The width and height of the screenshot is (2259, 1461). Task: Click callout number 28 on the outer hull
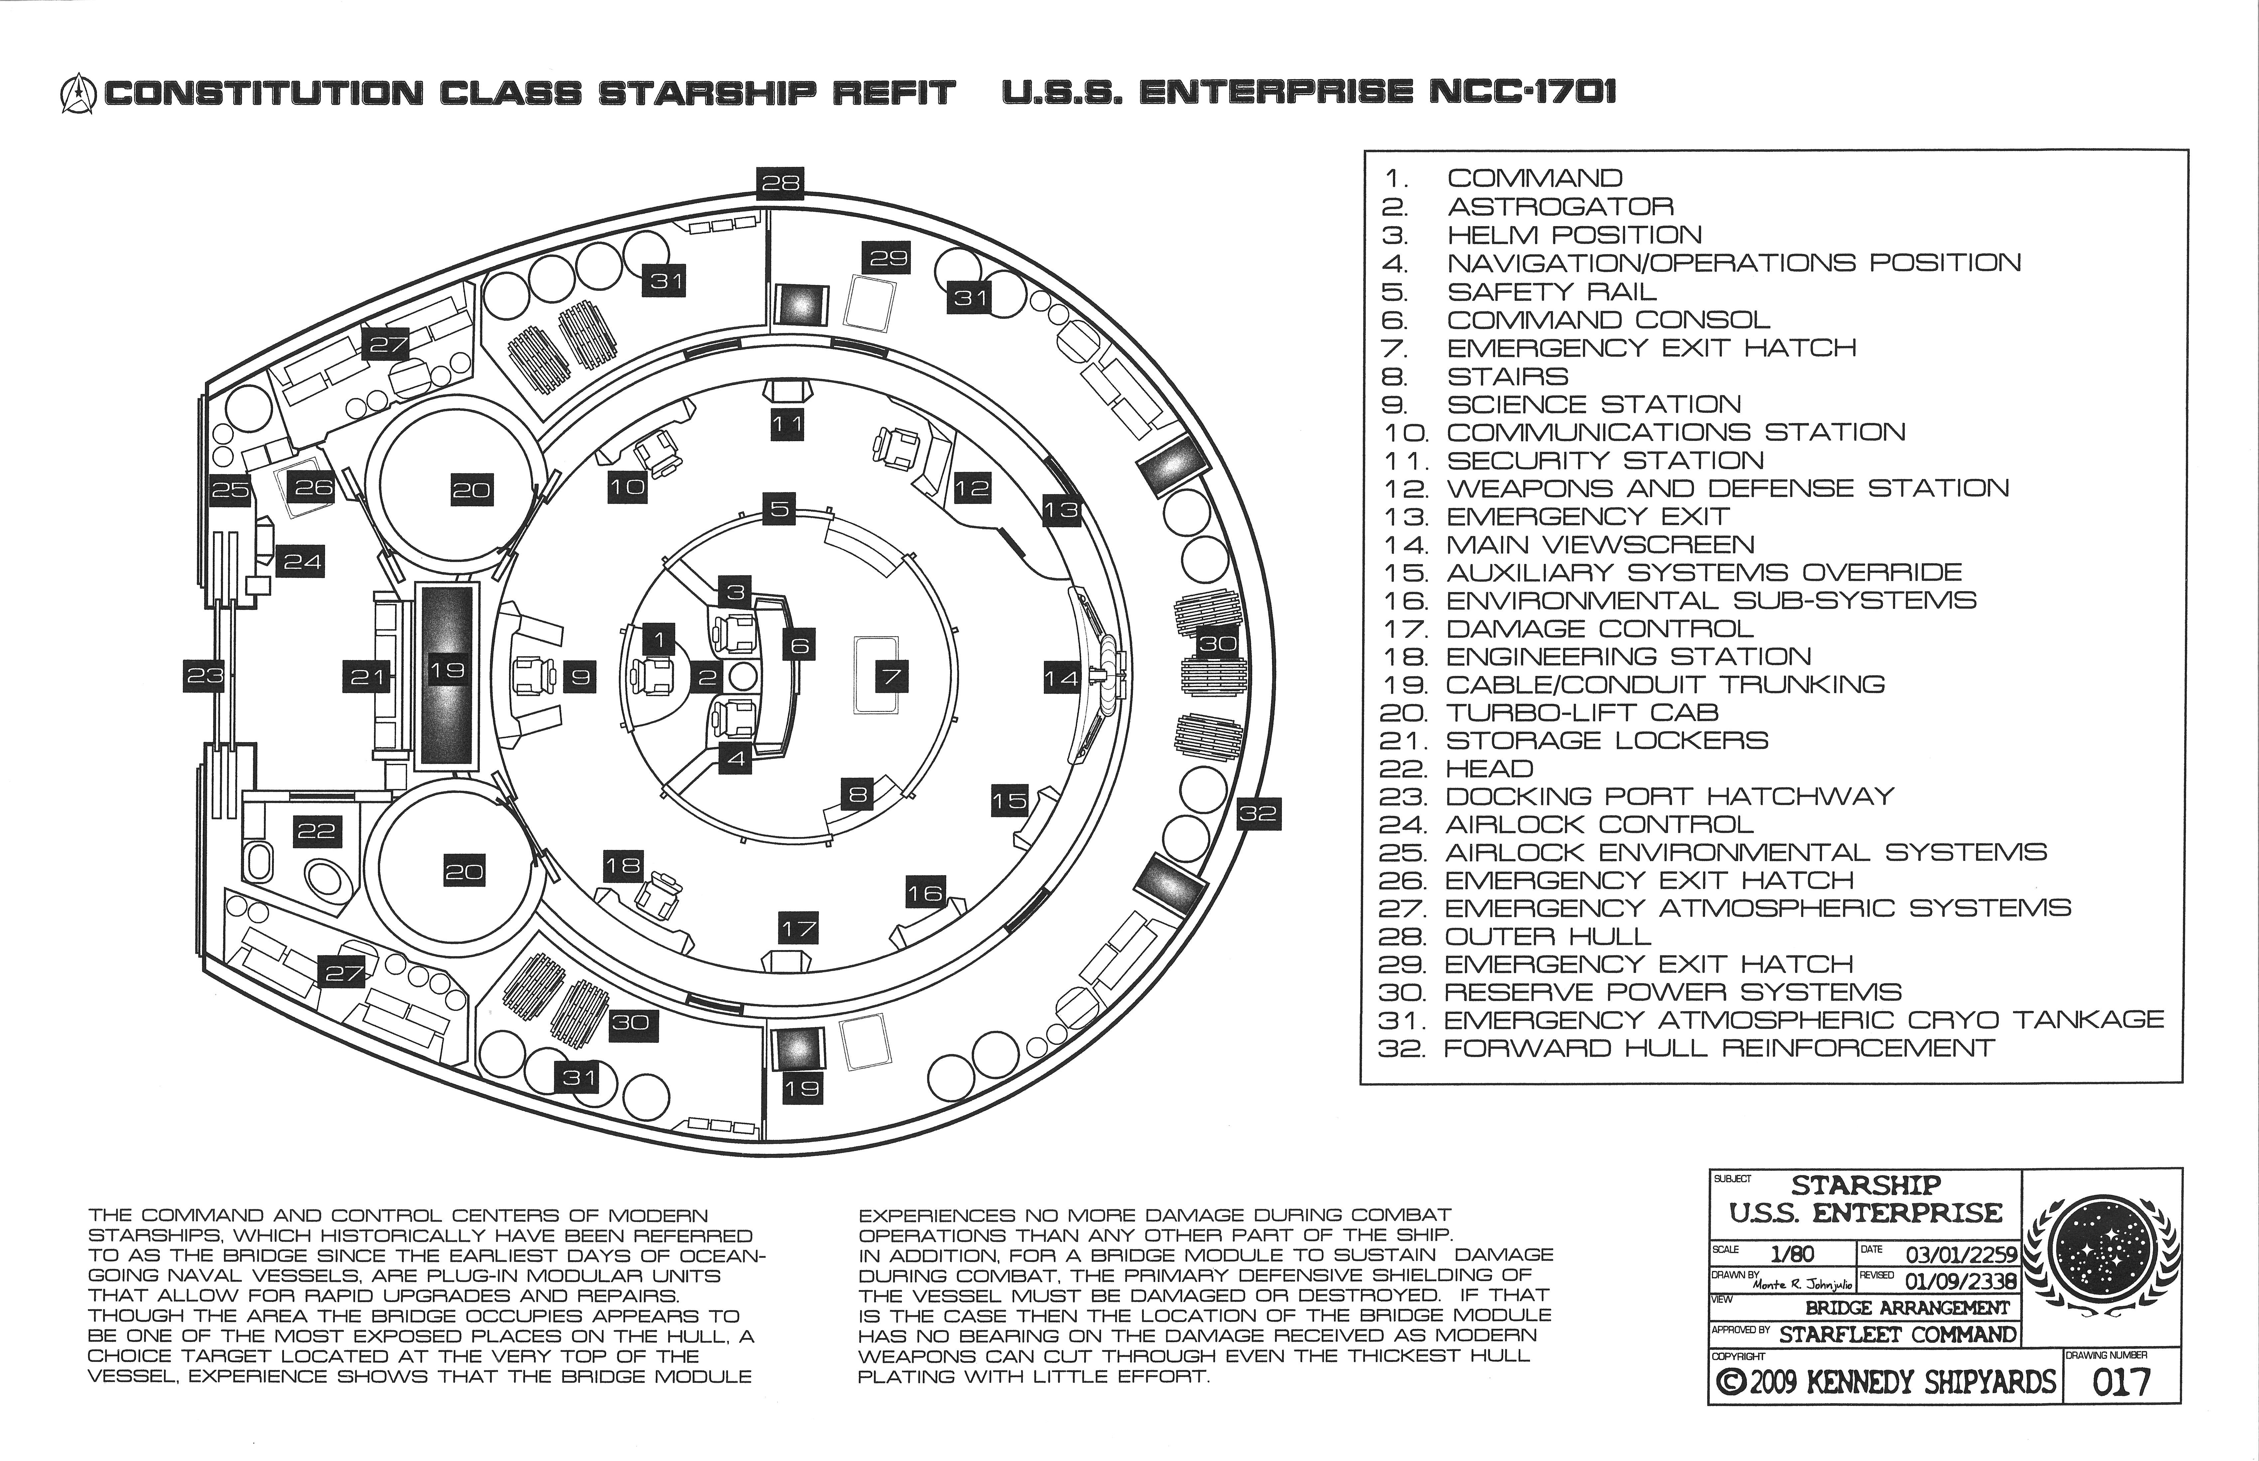point(780,183)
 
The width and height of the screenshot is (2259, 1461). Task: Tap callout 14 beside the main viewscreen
point(1061,677)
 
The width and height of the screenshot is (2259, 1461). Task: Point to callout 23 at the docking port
point(204,675)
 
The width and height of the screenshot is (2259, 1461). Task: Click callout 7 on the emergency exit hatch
point(892,676)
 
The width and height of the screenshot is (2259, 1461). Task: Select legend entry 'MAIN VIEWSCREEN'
point(1600,545)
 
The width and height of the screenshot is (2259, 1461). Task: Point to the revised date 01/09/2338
point(1960,1281)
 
